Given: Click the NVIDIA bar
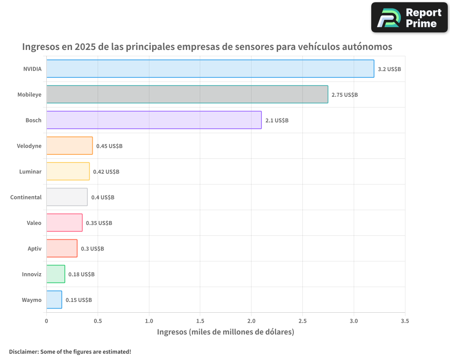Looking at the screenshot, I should coord(210,69).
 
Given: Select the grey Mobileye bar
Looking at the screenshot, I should coord(187,94).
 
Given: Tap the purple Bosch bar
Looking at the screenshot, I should coord(154,120).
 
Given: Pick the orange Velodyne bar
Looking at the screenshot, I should coord(69,146).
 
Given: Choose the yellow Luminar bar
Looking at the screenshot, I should coord(68,171).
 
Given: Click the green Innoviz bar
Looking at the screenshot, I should coord(56,274).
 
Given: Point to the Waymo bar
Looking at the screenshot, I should coord(54,300).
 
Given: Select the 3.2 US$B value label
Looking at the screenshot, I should coord(389,69).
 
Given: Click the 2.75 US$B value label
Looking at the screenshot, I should coord(345,95).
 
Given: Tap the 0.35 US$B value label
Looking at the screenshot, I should coord(99,223).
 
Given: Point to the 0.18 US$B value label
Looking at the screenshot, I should coord(81,274).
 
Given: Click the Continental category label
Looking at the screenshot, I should coord(26,198).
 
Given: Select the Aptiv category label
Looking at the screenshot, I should coord(34,249).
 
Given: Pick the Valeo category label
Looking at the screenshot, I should coord(34,223).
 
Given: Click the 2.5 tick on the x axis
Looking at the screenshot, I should coord(302,321).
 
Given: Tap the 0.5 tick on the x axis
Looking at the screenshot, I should coord(98,321).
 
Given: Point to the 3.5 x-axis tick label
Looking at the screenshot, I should coord(405,321).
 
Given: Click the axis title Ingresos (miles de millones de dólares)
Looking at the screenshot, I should coord(225,332).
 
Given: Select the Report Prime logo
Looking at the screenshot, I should coord(409,18).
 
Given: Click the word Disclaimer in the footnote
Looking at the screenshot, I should coord(23,352).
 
